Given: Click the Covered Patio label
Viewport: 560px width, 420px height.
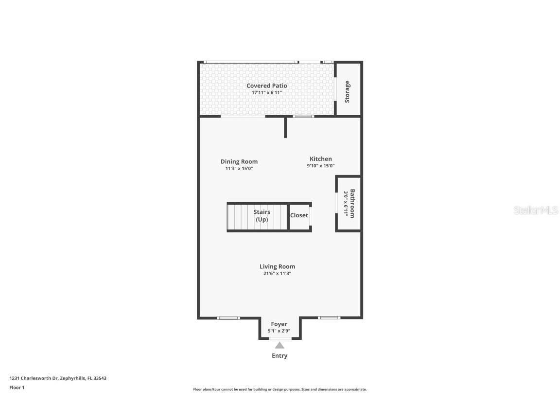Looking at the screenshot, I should point(266,86).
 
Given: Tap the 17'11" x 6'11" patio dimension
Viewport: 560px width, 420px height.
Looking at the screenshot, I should point(266,92).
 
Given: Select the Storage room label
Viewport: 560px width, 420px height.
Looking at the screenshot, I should point(348,91).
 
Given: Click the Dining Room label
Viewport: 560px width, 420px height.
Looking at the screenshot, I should point(239,161).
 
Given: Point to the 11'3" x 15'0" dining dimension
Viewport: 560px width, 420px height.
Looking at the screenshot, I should point(239,169).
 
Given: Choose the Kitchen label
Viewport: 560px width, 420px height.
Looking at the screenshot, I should point(321,158).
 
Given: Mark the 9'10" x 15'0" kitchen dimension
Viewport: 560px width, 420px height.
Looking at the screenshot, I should point(321,166).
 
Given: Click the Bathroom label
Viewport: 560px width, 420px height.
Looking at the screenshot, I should point(352,203).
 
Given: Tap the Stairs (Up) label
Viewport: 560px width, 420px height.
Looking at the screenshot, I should point(262,216).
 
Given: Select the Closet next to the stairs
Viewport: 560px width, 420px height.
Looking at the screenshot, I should point(299,215).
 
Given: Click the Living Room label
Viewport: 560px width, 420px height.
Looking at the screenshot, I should point(277,266).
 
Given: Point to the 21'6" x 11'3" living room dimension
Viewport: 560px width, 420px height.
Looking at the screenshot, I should point(277,274).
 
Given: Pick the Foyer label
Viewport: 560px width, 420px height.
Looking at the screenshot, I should point(279,324).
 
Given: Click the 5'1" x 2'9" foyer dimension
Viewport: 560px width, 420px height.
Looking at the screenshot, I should point(279,331).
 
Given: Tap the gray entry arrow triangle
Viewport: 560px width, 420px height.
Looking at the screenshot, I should point(280,346).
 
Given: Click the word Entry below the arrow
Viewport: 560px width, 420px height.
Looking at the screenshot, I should point(280,356).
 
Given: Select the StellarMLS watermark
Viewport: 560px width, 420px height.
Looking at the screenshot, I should point(536,210).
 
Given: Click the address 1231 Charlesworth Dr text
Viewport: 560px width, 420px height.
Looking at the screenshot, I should point(58,378).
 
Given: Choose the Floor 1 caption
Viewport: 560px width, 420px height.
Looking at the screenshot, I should point(17,387).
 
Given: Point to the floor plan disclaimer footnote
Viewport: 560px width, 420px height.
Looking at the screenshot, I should point(280,389).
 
